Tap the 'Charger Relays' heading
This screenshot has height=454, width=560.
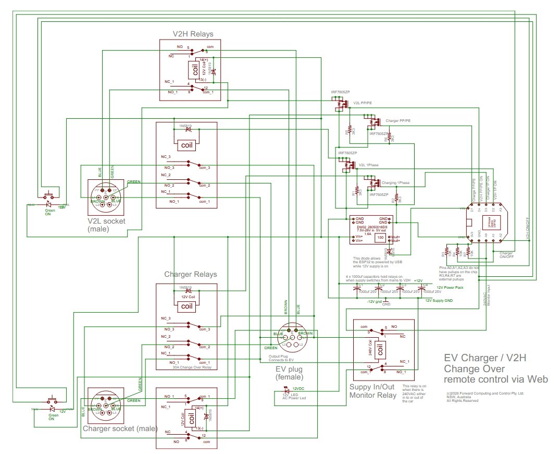(x=191, y=274)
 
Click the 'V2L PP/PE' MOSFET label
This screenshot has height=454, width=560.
(x=363, y=103)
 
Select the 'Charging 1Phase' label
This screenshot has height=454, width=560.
(x=395, y=183)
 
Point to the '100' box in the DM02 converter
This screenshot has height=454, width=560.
(x=380, y=238)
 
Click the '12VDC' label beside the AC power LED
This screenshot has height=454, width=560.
(x=297, y=388)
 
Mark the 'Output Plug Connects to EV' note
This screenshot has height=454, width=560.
(x=280, y=358)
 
